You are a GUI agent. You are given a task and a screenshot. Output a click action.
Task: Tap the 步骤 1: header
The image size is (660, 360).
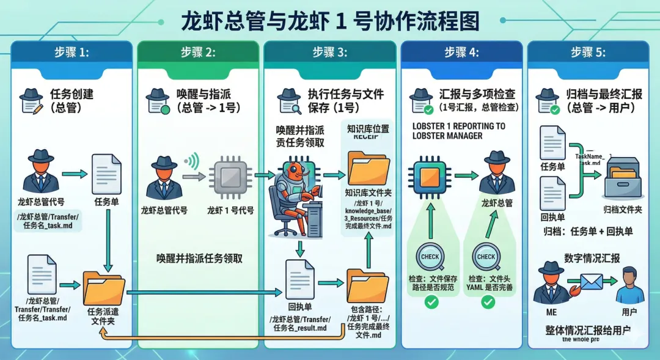pos(71,53)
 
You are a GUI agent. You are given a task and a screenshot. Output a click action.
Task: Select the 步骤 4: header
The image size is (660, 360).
pos(461,53)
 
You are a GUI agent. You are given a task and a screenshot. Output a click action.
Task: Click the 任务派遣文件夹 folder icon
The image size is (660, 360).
pos(103,287)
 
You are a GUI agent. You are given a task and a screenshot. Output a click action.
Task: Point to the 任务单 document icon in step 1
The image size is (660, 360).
pos(106,174)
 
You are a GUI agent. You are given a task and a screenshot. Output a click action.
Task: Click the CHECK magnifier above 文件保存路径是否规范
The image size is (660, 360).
pos(430,257)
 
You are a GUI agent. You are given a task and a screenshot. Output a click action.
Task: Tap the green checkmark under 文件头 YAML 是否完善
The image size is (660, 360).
pos(488,301)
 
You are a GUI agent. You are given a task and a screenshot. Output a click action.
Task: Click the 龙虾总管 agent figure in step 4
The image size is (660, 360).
pos(496,174)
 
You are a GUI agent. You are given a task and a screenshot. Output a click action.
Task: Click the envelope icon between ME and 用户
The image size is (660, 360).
pos(591,282)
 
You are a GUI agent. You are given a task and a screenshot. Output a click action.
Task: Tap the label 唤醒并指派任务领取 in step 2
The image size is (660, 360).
pos(199,258)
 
